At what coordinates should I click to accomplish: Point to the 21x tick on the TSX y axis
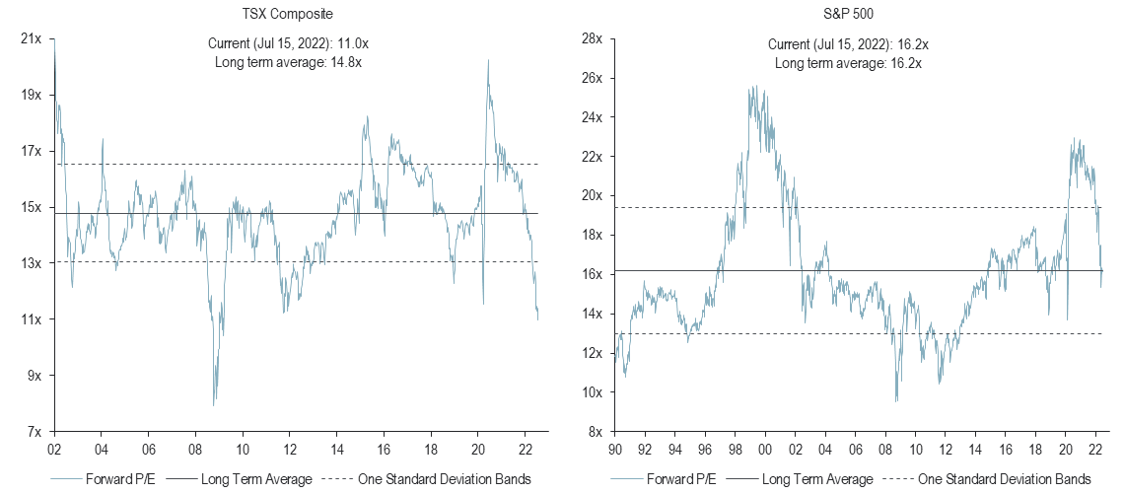click(31, 38)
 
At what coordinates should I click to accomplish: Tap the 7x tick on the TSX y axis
click(34, 432)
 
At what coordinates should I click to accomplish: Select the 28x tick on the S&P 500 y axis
click(591, 38)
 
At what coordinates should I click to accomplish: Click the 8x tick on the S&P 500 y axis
click(594, 432)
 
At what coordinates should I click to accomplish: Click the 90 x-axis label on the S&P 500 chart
click(614, 448)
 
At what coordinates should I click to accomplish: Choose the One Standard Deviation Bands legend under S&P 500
click(1004, 479)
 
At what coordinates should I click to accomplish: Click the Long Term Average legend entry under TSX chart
click(255, 479)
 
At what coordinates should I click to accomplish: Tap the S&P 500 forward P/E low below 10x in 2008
click(896, 401)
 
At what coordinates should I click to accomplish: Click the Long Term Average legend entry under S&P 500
click(816, 479)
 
